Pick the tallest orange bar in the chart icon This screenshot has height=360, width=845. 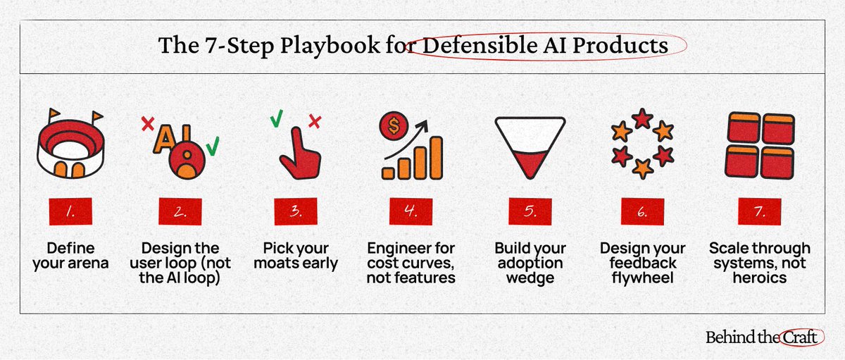click(x=436, y=157)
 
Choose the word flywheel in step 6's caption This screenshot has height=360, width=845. click(x=642, y=278)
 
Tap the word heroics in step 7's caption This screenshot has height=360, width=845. click(x=759, y=278)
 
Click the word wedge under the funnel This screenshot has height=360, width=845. click(x=527, y=278)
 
